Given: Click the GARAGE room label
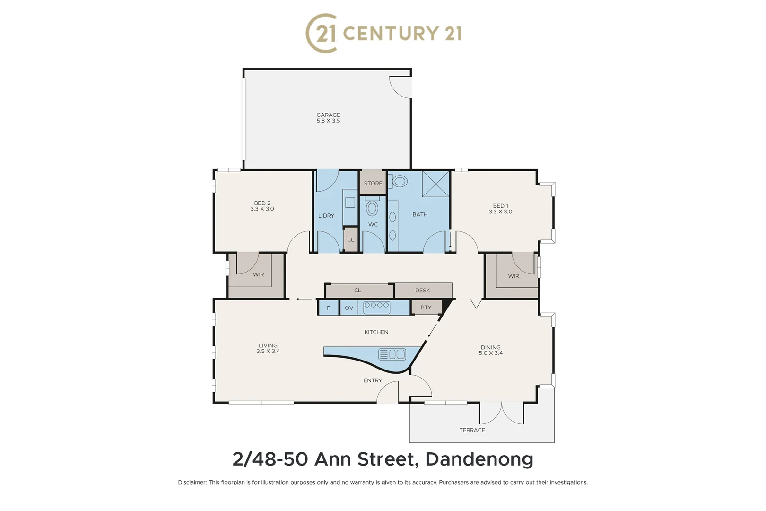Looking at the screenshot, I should pyautogui.click(x=328, y=115).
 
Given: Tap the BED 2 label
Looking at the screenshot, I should pyautogui.click(x=262, y=203).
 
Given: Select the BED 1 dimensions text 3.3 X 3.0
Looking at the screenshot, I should pyautogui.click(x=500, y=211).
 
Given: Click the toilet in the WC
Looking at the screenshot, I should pyautogui.click(x=372, y=208).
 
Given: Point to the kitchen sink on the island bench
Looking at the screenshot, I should pyautogui.click(x=392, y=354).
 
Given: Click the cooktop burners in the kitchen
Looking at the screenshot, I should pyautogui.click(x=376, y=306).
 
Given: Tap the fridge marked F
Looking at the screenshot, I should pyautogui.click(x=328, y=308).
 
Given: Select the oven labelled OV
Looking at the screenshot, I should pyautogui.click(x=349, y=308).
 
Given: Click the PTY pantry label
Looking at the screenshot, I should pyautogui.click(x=426, y=308).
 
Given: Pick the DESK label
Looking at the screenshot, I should pyautogui.click(x=422, y=291).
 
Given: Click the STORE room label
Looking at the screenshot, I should pyautogui.click(x=373, y=184).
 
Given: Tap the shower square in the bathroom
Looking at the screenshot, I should pyautogui.click(x=435, y=184).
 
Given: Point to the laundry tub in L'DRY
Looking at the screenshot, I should pyautogui.click(x=350, y=203).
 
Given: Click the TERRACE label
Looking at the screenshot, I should pyautogui.click(x=472, y=430).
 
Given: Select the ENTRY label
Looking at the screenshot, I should pyautogui.click(x=373, y=380).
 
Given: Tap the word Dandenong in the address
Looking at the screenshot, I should pyautogui.click(x=479, y=459).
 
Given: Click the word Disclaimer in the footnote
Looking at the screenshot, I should pyautogui.click(x=192, y=483).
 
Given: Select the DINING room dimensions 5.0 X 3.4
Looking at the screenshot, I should pyautogui.click(x=490, y=353).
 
